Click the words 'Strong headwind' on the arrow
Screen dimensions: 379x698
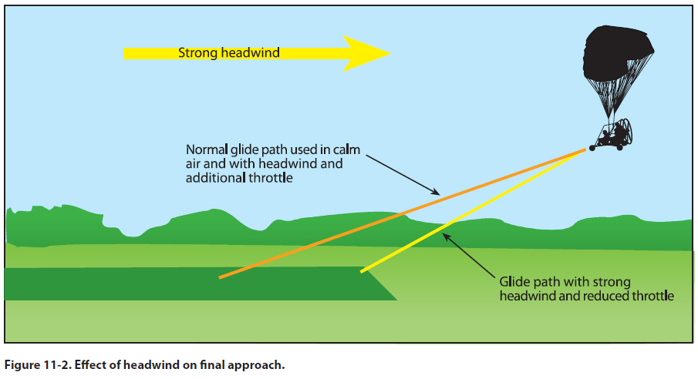[228, 53]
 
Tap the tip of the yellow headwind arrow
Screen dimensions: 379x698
[389, 53]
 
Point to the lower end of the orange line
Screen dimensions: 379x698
[221, 277]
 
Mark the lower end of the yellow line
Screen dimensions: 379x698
[362, 271]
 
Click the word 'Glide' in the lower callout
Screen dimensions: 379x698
[514, 283]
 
